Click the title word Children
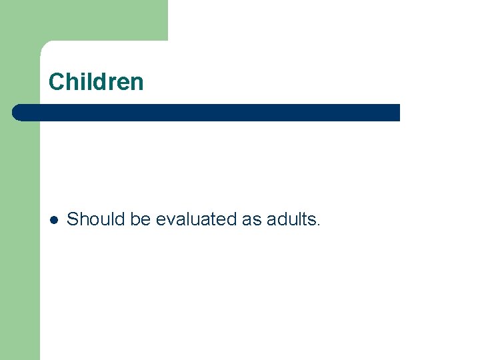(x=96, y=82)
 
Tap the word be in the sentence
(x=141, y=219)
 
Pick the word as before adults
(x=252, y=219)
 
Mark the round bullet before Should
(x=55, y=219)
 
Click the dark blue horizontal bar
(x=207, y=112)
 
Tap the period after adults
(x=319, y=225)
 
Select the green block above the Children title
(x=100, y=20)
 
